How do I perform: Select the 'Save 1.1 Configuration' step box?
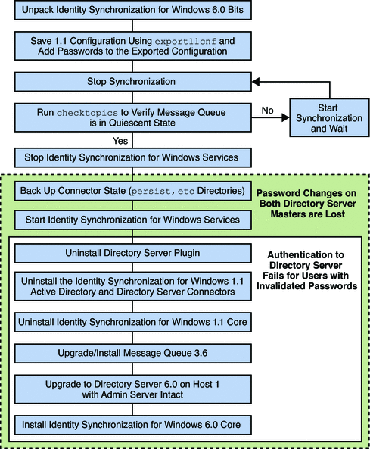click(x=132, y=46)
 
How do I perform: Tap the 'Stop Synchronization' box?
click(x=132, y=80)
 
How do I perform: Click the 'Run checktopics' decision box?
click(x=132, y=117)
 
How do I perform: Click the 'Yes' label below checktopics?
click(x=120, y=140)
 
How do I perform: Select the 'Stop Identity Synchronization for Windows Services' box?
click(x=132, y=157)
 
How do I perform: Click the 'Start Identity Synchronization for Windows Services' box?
click(x=132, y=220)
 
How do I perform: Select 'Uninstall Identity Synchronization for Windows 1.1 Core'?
click(x=132, y=321)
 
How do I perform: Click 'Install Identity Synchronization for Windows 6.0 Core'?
click(x=132, y=425)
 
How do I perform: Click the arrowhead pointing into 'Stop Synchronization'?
click(x=258, y=80)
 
